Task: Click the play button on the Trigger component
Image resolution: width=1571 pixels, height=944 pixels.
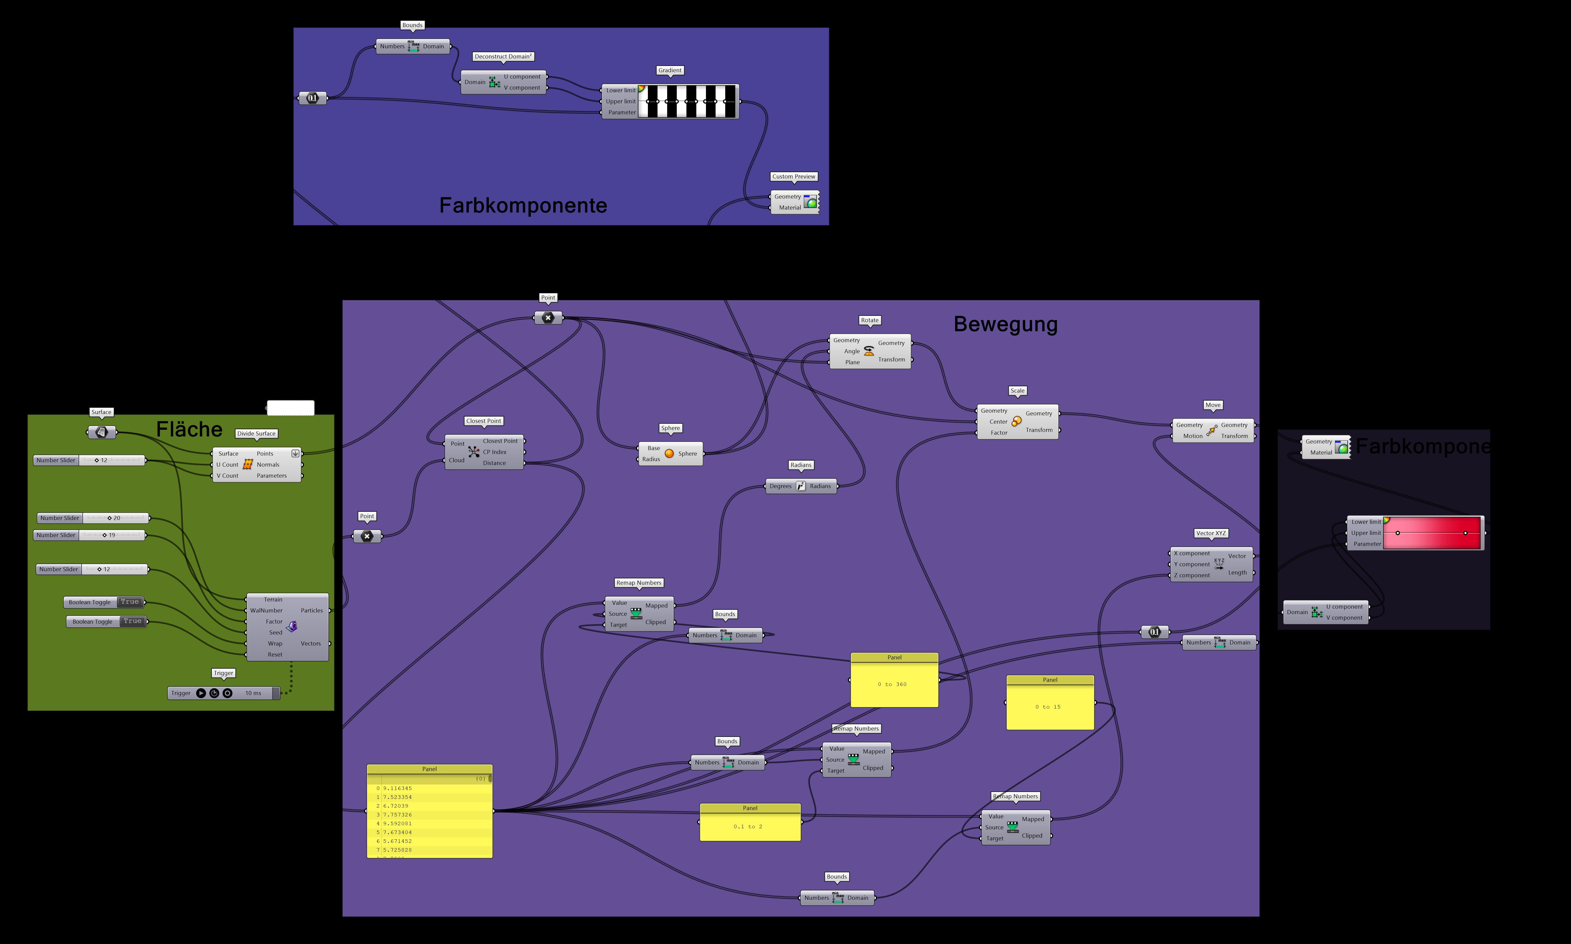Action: point(201,693)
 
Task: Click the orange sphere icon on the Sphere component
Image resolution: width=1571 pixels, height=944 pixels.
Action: point(669,454)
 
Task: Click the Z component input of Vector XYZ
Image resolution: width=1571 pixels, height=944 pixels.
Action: point(1191,575)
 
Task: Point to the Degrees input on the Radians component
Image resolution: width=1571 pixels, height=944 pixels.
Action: point(780,486)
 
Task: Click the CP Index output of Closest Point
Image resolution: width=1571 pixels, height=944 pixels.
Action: point(495,452)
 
